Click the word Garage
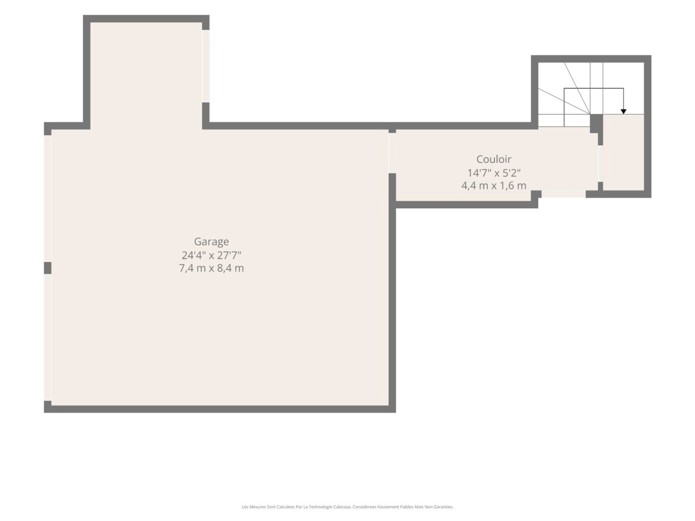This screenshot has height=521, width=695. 211,242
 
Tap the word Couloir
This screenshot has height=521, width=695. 494,159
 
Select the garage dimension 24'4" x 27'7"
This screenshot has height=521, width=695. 211,255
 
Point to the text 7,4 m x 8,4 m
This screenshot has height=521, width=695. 211,268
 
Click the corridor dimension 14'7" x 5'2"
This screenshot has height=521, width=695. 494,173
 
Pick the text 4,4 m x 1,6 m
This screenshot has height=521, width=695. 494,185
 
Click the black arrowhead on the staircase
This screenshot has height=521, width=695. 623,111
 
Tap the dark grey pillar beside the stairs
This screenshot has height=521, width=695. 596,123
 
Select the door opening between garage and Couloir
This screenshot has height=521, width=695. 392,153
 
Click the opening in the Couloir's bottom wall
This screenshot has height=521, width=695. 563,194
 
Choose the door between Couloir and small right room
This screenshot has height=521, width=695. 600,164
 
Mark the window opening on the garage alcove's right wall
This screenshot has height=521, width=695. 206,66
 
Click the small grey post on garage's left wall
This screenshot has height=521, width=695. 48,268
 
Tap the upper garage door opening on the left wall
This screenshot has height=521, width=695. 48,199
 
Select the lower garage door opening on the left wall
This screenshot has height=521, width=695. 48,338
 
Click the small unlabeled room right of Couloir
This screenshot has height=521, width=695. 623,153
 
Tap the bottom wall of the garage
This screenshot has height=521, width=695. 220,409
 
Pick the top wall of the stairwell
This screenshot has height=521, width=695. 591,59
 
